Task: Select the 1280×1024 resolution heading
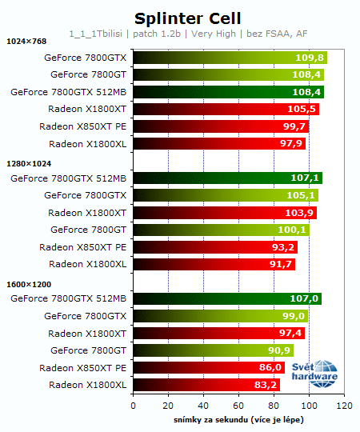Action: pos(29,162)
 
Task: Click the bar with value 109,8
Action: pos(230,58)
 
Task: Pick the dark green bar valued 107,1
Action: pos(227,178)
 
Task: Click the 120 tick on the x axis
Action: pos(344,406)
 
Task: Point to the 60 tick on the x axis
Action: pos(238,406)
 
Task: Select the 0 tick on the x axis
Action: pos(133,406)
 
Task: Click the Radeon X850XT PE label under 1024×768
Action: pos(82,126)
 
